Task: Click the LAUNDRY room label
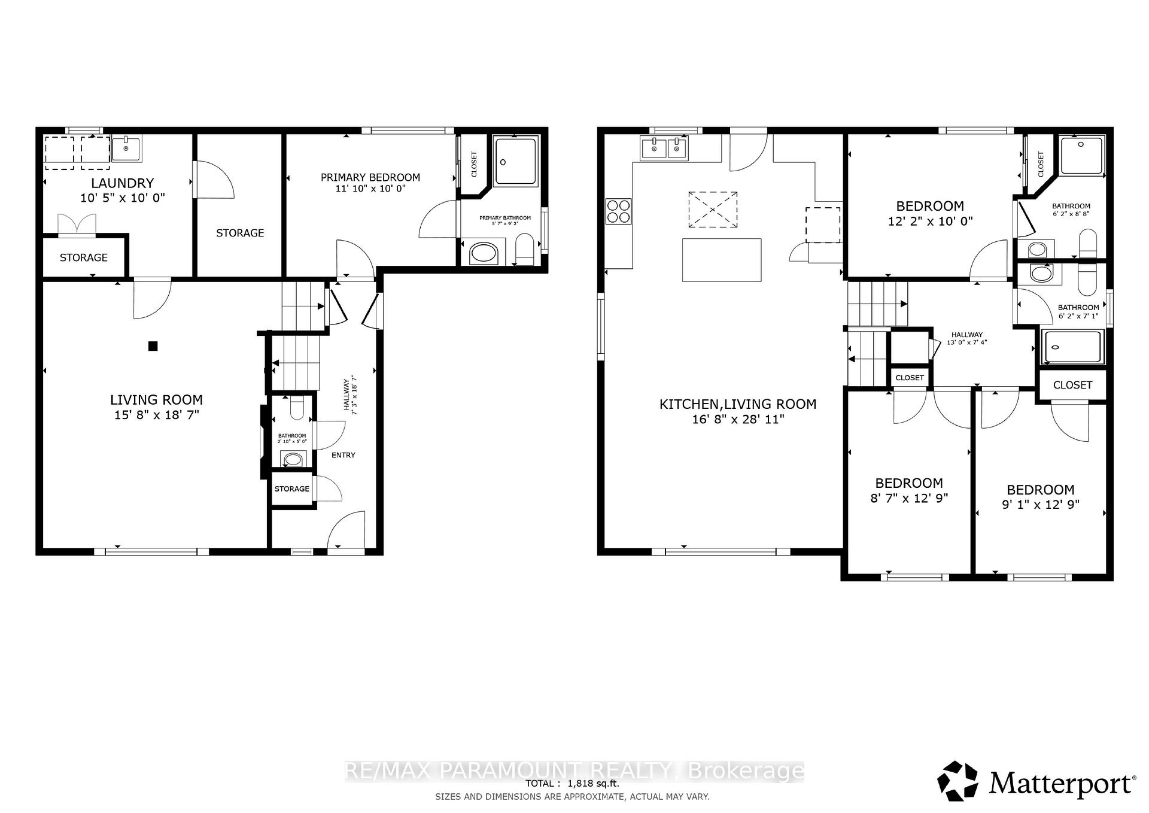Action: pyautogui.click(x=122, y=183)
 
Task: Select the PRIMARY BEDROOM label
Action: pyautogui.click(x=370, y=177)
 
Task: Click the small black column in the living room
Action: pyautogui.click(x=153, y=345)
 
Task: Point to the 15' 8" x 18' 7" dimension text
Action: pyautogui.click(x=156, y=414)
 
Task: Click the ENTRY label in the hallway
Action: pyautogui.click(x=344, y=455)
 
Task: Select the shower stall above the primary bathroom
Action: pyautogui.click(x=516, y=160)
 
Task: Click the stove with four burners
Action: pyautogui.click(x=618, y=211)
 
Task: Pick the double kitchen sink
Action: pyautogui.click(x=664, y=148)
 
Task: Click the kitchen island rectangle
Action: pyautogui.click(x=722, y=260)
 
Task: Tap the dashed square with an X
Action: pyautogui.click(x=712, y=210)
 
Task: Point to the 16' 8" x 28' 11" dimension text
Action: pyautogui.click(x=737, y=419)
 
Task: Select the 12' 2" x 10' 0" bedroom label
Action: pyautogui.click(x=930, y=220)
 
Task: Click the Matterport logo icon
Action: pyautogui.click(x=958, y=781)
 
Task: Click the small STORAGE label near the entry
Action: pyautogui.click(x=292, y=489)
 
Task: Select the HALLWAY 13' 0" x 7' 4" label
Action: pyautogui.click(x=966, y=339)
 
